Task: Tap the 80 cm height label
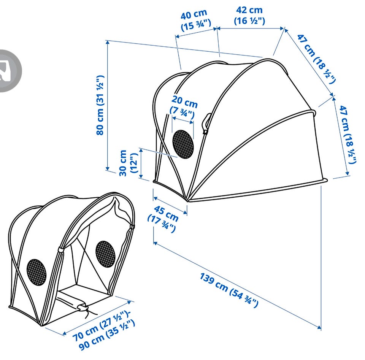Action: [100, 105]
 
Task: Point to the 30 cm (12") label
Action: [128, 163]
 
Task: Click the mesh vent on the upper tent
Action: [183, 144]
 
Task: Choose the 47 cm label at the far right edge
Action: [348, 135]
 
